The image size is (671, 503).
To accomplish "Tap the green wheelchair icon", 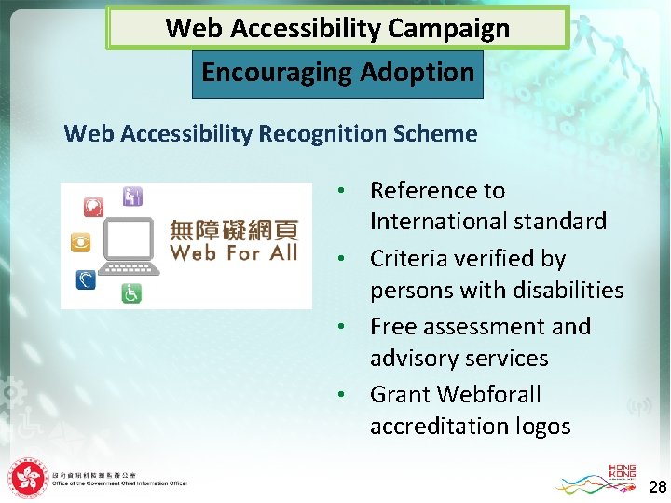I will (132, 292).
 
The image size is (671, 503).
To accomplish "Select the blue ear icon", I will (86, 279).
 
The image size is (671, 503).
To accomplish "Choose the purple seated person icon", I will (132, 196).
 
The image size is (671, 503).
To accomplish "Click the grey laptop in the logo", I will (131, 245).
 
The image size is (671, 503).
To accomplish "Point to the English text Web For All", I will (234, 253).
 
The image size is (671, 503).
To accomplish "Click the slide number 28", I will (657, 487).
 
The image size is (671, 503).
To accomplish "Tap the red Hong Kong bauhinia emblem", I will (27, 479).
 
